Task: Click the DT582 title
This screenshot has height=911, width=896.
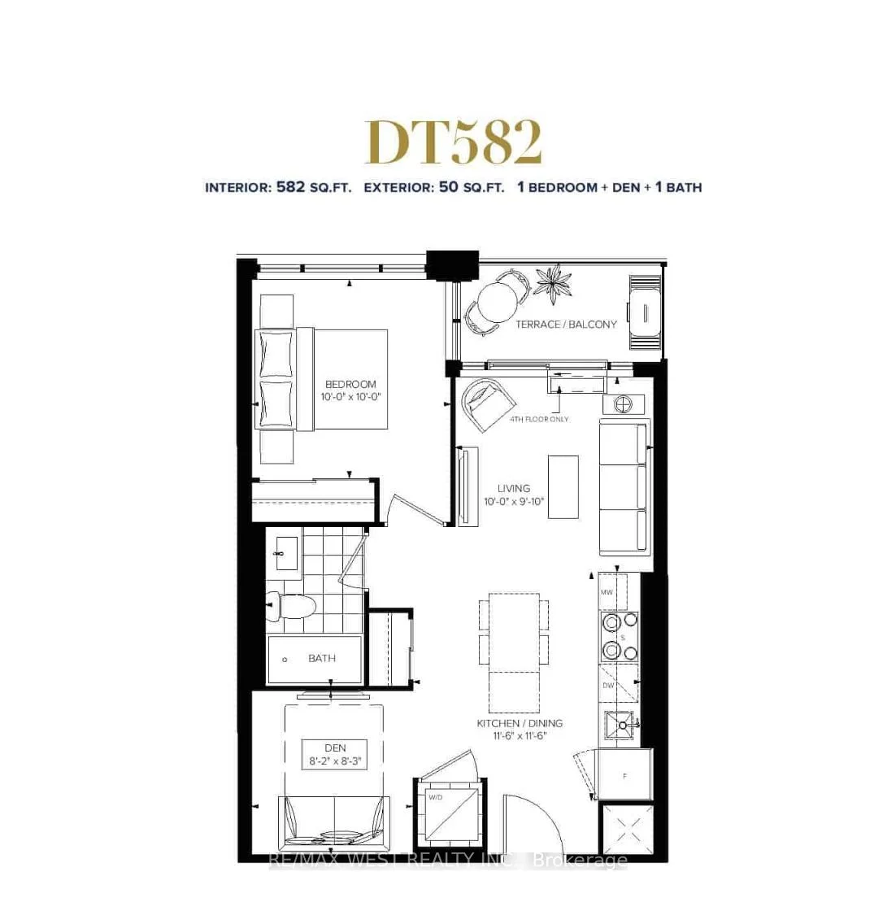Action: click(x=453, y=143)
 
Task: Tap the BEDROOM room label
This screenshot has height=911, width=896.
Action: click(x=350, y=385)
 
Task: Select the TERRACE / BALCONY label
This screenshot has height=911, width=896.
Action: click(x=566, y=325)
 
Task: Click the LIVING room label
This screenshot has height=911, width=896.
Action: click(x=514, y=489)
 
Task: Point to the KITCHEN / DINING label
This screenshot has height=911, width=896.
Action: click(x=520, y=723)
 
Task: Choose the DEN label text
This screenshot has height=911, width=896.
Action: click(x=335, y=748)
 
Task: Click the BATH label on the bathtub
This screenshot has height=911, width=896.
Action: click(x=322, y=659)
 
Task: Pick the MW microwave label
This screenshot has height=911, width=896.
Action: click(x=607, y=593)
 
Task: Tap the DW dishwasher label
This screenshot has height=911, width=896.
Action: click(x=608, y=686)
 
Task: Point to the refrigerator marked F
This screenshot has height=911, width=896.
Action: click(x=624, y=776)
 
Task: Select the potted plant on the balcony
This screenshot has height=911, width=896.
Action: click(x=554, y=285)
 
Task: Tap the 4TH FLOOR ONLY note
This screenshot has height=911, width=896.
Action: click(x=539, y=420)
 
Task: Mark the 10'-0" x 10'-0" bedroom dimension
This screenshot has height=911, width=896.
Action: click(x=350, y=398)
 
